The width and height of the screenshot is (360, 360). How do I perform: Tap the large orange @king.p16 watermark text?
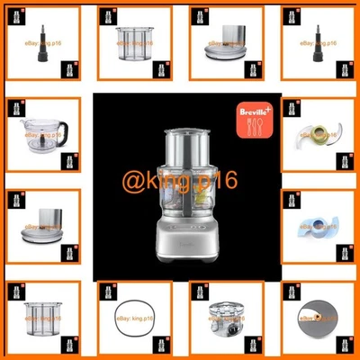point(180,179)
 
